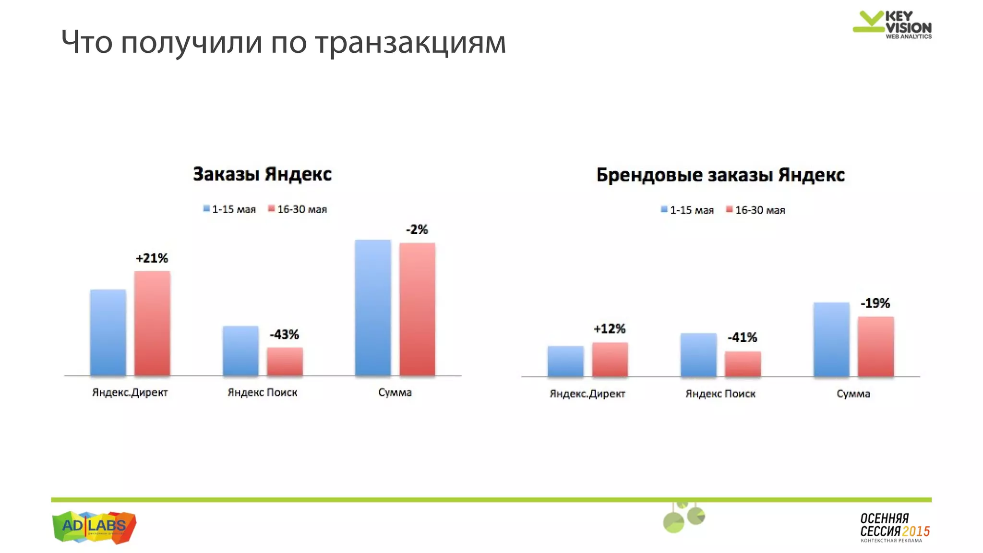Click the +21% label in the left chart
click(x=152, y=258)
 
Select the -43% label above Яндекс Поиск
click(x=284, y=334)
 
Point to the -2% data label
click(x=417, y=229)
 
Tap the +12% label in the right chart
click(x=610, y=329)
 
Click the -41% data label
click(x=742, y=337)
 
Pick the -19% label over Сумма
click(x=875, y=303)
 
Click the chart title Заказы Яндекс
click(x=262, y=174)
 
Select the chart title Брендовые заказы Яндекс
click(x=720, y=175)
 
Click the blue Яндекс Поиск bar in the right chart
click(x=698, y=355)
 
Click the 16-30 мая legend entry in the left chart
click(x=298, y=209)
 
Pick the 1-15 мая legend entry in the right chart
click(x=687, y=210)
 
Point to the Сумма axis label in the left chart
click(x=395, y=393)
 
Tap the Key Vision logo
click(x=892, y=24)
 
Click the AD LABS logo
click(x=94, y=527)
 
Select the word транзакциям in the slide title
click(x=410, y=42)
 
